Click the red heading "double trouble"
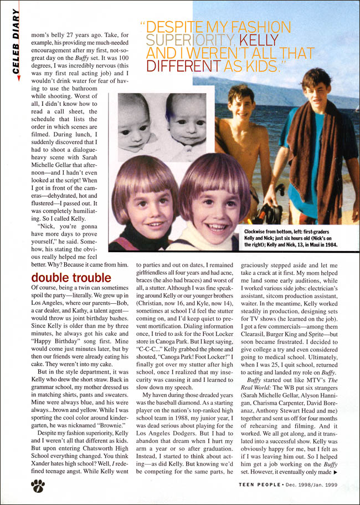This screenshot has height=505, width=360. pos(71,277)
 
